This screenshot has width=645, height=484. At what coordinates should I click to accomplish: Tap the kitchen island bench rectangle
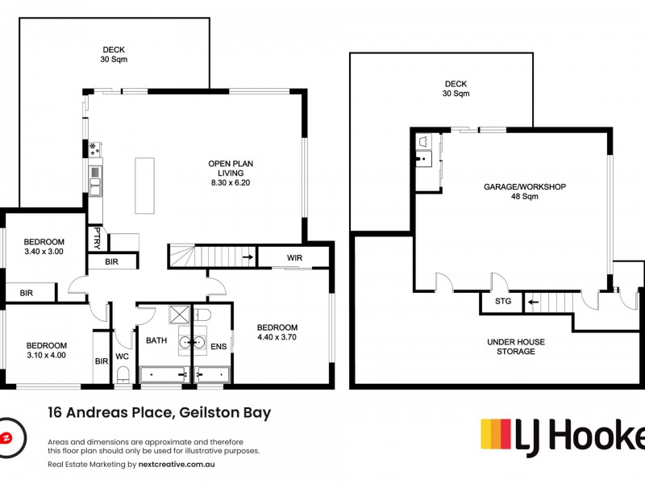coord(144,186)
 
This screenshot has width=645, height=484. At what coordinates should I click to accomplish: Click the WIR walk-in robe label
coord(293,258)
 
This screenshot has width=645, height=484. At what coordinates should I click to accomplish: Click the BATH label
coord(156,340)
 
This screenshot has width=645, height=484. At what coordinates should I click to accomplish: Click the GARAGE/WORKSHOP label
coord(525,186)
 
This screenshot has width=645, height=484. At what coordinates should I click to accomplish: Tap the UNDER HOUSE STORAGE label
coord(515,347)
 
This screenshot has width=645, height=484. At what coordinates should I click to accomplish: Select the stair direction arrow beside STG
coord(531,303)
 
